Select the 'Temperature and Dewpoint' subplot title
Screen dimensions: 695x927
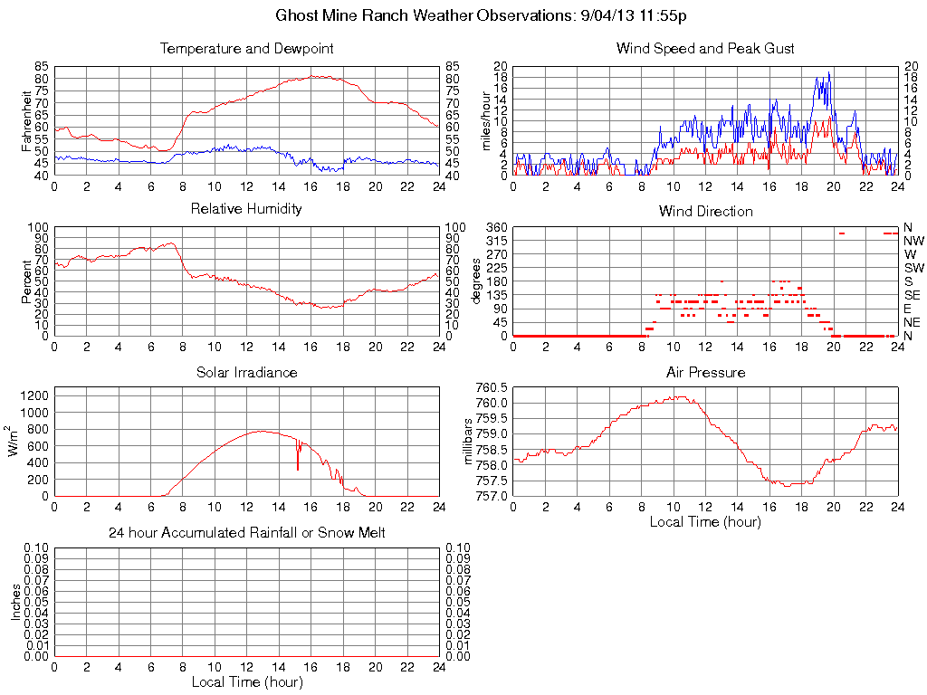246,49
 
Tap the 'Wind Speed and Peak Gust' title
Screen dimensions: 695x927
705,49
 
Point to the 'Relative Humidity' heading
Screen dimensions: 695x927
246,210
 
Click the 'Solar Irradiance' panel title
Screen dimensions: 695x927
246,372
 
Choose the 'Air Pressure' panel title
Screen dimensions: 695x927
705,372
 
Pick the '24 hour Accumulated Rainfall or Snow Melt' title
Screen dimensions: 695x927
246,533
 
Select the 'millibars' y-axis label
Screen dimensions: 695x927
469,442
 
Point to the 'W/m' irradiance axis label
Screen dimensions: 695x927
15,442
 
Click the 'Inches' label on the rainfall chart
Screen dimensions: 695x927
15,602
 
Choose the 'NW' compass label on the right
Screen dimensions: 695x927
913,241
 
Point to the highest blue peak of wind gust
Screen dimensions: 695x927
828,73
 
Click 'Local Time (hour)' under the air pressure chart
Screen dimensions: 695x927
705,521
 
